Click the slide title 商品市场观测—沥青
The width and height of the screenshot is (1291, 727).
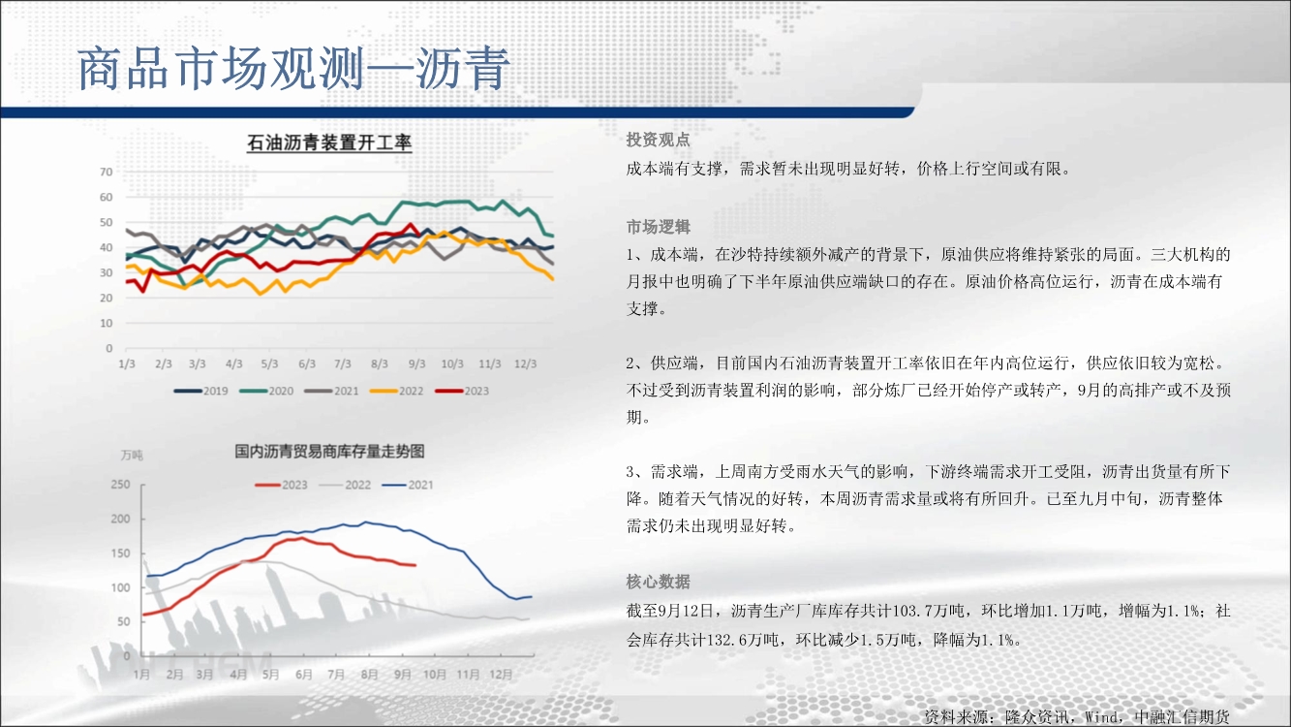tap(293, 69)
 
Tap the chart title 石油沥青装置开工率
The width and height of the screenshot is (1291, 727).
tap(329, 142)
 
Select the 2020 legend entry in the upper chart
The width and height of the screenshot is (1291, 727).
tap(267, 391)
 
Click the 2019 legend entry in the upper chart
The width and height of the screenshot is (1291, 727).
tap(201, 391)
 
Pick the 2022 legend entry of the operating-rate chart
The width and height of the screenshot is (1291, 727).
tap(396, 391)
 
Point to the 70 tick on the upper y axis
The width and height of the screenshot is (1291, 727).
tap(106, 172)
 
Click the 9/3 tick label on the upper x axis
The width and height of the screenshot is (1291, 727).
tap(416, 364)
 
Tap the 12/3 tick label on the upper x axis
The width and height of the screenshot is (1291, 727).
tap(525, 364)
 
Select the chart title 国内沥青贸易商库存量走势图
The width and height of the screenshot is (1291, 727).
tap(329, 451)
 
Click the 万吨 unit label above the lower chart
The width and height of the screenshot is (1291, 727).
tap(132, 456)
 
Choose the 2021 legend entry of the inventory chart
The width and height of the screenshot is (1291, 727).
tap(408, 485)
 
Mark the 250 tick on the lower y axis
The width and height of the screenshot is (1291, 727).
tap(120, 484)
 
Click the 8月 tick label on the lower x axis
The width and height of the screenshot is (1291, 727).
tap(369, 674)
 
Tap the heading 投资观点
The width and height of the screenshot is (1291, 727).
tap(659, 140)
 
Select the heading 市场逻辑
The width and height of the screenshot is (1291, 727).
tap(659, 227)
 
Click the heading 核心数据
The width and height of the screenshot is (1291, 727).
tap(659, 582)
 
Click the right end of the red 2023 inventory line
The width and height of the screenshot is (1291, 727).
tap(415, 565)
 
